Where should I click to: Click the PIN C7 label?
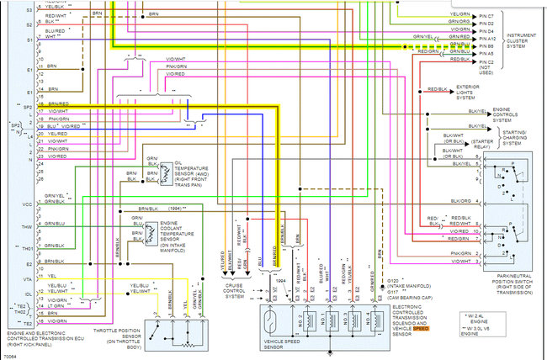click(486, 16)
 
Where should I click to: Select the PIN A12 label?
click(486, 39)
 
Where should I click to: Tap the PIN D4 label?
click(486, 31)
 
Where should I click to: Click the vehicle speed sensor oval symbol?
click(281, 320)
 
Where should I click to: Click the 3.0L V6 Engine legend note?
click(505, 329)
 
